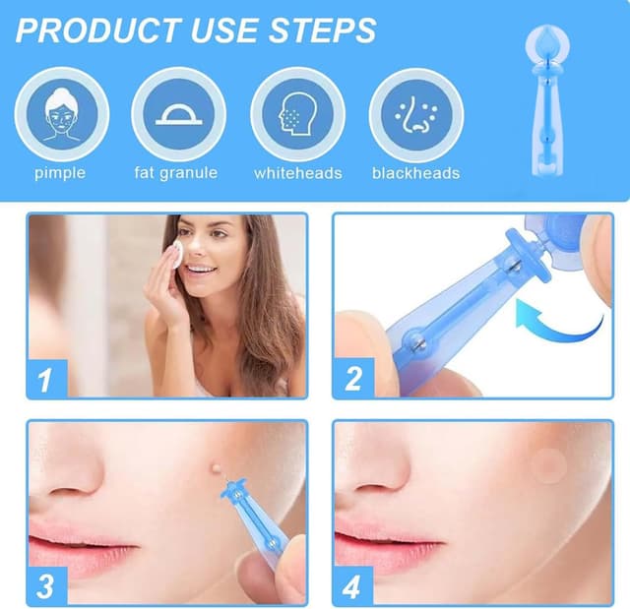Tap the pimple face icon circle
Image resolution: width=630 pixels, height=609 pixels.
[61, 114]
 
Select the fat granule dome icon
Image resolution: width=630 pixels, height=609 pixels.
[179, 114]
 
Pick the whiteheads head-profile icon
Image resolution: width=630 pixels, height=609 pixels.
[297, 114]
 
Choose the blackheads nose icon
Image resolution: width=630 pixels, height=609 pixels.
[415, 114]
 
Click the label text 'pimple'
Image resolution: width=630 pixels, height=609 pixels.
[60, 173]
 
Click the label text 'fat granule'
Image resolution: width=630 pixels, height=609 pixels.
[176, 173]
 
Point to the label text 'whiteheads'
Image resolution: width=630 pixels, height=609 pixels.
[297, 173]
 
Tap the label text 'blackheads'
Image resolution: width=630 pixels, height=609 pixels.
[415, 173]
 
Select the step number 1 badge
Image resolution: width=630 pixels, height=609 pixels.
[46, 378]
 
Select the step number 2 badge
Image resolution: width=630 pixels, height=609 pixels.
[353, 378]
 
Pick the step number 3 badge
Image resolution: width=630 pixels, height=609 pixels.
[46, 586]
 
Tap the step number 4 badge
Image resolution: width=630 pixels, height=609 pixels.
[353, 586]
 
